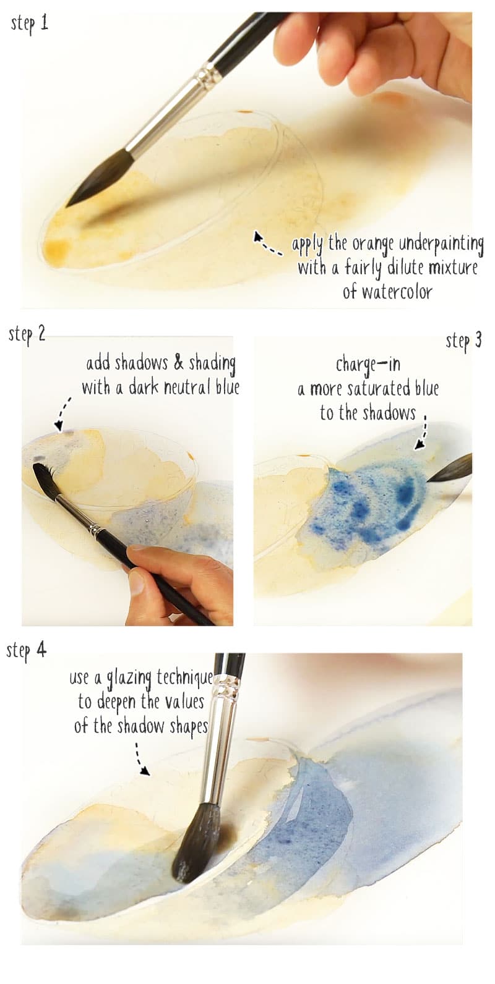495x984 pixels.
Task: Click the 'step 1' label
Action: tap(29, 24)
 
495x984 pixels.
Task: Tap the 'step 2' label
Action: tap(27, 334)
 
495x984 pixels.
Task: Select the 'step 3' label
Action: tap(463, 341)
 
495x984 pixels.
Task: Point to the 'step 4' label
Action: tap(26, 650)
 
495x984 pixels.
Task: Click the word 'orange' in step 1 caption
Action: tap(372, 244)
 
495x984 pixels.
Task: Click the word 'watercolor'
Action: tap(387, 291)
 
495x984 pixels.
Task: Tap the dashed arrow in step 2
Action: tap(62, 414)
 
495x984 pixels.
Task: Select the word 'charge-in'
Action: tap(368, 365)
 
